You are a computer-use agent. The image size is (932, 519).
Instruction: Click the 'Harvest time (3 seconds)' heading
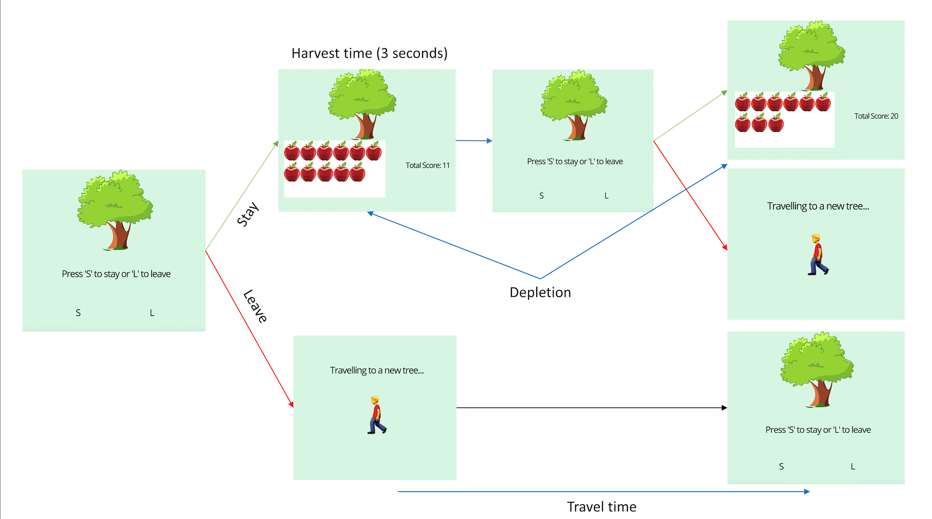point(369,53)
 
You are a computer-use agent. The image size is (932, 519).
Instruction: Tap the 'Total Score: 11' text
point(427,165)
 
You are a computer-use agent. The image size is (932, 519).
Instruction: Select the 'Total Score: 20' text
point(876,116)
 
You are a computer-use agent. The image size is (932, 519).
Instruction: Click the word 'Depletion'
point(540,292)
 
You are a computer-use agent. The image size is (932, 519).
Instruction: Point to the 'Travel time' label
point(601,507)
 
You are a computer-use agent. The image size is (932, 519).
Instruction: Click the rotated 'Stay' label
point(247,215)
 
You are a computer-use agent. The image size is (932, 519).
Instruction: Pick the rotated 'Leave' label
point(255,306)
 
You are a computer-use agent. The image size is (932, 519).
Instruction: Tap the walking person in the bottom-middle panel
point(377,415)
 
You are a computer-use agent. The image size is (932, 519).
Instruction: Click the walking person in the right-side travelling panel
point(817,255)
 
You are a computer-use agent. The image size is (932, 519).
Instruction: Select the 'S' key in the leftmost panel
point(78,313)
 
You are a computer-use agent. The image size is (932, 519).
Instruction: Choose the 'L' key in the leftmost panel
point(152,313)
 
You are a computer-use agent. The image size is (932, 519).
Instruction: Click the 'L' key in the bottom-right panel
point(853,467)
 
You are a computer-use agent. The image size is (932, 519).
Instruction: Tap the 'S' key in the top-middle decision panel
point(541,196)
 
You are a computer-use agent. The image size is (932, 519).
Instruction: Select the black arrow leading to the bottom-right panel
point(590,407)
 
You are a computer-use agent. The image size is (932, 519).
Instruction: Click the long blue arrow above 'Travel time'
point(602,492)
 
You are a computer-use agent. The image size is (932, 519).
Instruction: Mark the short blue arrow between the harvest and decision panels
point(474,141)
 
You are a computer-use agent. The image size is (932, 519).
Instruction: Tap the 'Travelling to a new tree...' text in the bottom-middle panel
point(377,370)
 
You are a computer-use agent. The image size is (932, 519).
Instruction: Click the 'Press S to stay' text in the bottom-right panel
point(818,430)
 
